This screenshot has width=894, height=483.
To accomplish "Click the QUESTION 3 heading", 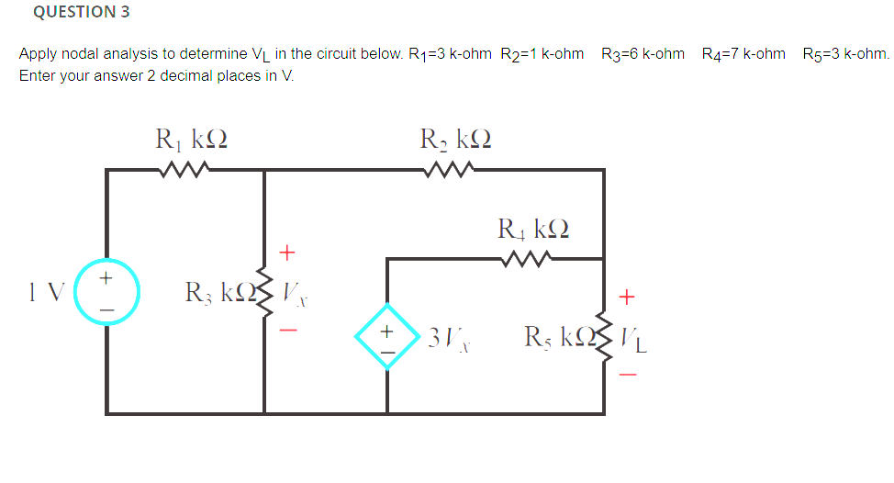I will pyautogui.click(x=82, y=12).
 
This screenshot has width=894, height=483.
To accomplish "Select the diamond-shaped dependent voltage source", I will pyautogui.click(x=387, y=336).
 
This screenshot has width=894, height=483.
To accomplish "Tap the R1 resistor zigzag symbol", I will pyautogui.click(x=186, y=169).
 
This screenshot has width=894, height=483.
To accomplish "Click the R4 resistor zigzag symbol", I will pyautogui.click(x=529, y=259).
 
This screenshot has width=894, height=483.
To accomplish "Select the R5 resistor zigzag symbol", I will pyautogui.click(x=603, y=335).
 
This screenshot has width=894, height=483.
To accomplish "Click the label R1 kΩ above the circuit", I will pyautogui.click(x=191, y=140).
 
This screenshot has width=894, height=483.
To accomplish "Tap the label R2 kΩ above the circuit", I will pyautogui.click(x=456, y=140).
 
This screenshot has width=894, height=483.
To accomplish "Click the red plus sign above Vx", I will pyautogui.click(x=287, y=250).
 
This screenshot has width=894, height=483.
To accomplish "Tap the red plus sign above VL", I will pyautogui.click(x=628, y=297).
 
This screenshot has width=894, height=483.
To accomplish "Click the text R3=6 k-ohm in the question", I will pyautogui.click(x=643, y=54).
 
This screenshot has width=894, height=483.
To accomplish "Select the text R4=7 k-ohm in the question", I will pyautogui.click(x=743, y=54).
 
